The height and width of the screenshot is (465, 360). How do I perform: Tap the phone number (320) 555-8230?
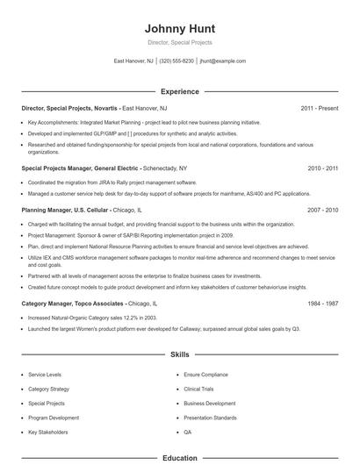(x=177, y=61)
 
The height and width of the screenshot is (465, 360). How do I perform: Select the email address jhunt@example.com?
(x=223, y=61)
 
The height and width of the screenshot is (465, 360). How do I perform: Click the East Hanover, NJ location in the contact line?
(x=133, y=61)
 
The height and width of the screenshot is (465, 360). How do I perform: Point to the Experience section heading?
(x=179, y=91)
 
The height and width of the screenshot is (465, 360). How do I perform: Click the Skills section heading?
(x=179, y=355)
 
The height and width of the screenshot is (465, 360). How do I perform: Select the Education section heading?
(x=179, y=458)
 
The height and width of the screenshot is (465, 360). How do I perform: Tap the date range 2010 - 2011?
(x=324, y=167)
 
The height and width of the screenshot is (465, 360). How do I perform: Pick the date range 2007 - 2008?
(x=324, y=211)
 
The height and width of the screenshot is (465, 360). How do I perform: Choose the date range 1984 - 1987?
(x=324, y=303)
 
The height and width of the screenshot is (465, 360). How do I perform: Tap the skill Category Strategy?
(x=49, y=388)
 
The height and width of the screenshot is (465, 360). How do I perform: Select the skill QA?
(x=188, y=433)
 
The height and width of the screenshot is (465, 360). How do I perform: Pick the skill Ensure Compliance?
(x=205, y=374)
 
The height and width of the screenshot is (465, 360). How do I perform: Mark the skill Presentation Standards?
(x=211, y=418)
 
